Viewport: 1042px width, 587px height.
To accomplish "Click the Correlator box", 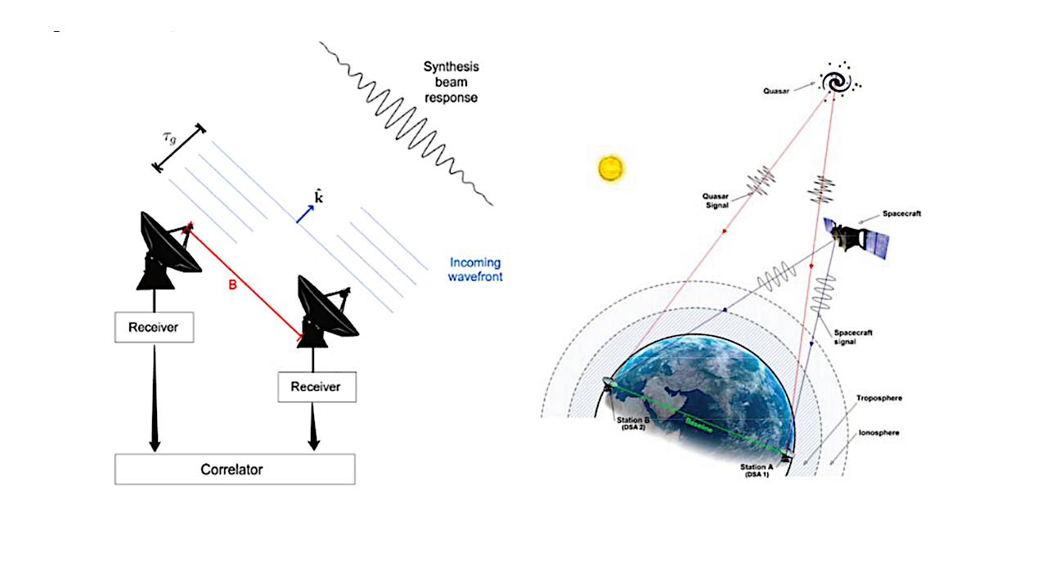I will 234,469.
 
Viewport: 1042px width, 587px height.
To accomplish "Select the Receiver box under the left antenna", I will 154,327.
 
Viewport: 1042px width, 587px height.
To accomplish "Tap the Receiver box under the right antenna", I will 317,386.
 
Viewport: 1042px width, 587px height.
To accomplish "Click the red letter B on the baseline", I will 232,287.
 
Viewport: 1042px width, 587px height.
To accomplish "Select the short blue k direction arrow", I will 303,214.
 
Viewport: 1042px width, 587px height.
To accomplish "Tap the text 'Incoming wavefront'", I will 475,270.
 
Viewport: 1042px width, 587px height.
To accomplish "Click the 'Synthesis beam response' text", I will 450,82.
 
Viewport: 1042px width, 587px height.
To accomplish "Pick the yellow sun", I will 610,168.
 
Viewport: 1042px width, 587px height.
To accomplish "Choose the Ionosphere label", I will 877,432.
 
